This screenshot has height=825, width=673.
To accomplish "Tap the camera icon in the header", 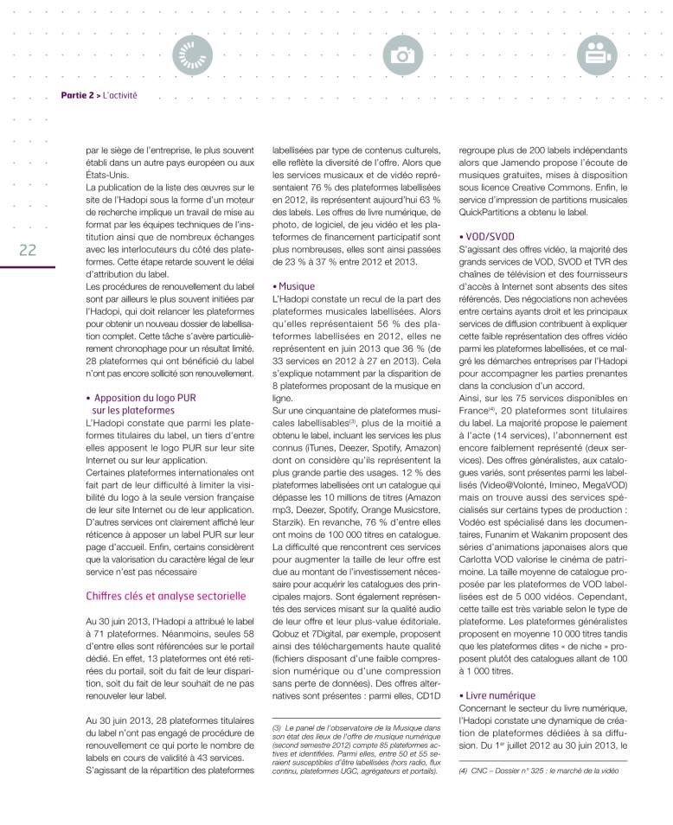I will (x=402, y=54).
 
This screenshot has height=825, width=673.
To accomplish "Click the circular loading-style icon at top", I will (x=189, y=54).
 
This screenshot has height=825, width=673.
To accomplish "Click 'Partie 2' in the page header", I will (x=78, y=96).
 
